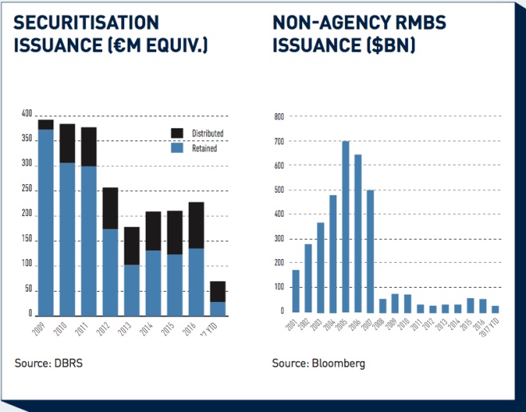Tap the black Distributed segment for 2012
pyautogui.click(x=110, y=208)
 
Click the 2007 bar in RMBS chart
pyautogui.click(x=370, y=251)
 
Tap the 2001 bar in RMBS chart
pyautogui.click(x=296, y=291)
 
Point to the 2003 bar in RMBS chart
pyautogui.click(x=321, y=267)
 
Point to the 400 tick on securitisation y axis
pyautogui.click(x=27, y=115)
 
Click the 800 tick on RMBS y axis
pyautogui.click(x=278, y=116)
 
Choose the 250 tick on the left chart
pyautogui.click(x=27, y=190)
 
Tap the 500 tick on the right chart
pyautogui.click(x=278, y=190)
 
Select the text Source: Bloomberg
pyautogui.click(x=319, y=363)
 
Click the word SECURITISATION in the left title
pyautogui.click(x=86, y=22)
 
